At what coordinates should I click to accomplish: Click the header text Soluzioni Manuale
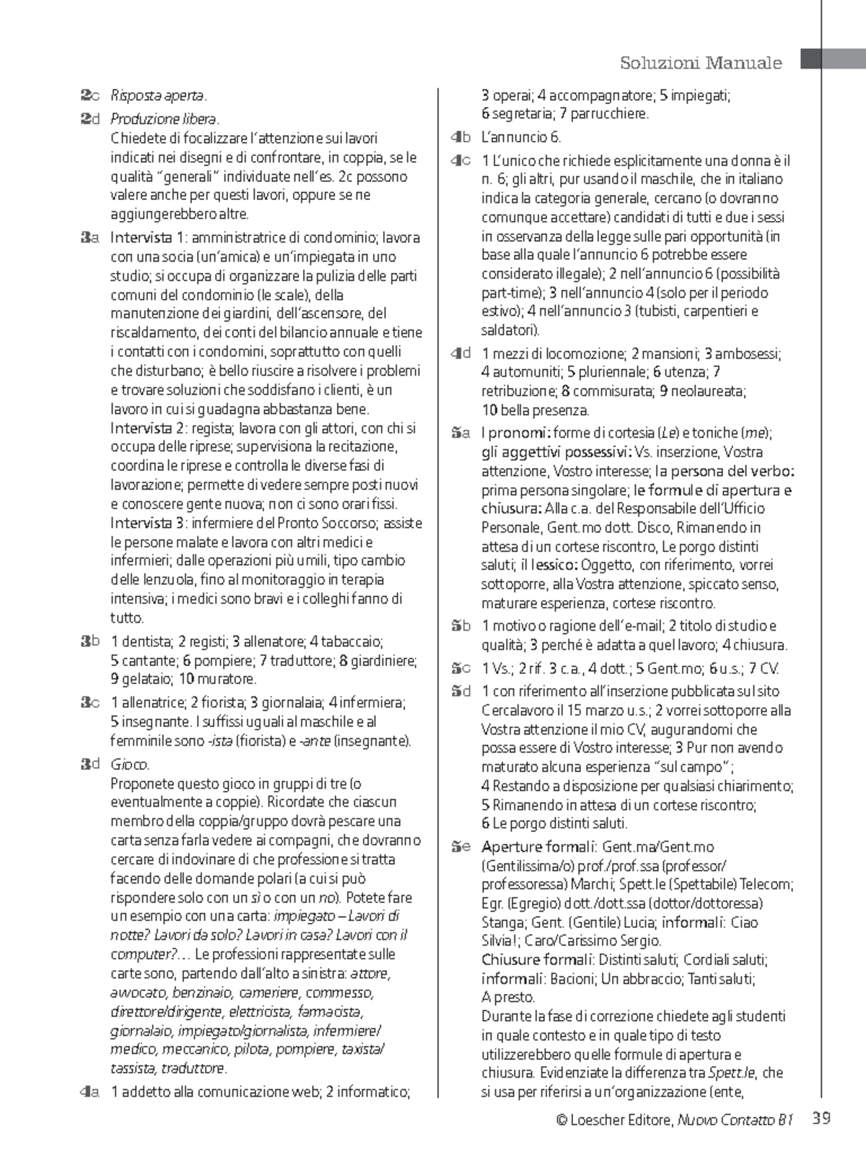[x=701, y=63]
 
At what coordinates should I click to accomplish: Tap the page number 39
[x=821, y=1120]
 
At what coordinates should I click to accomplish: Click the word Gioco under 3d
[x=130, y=764]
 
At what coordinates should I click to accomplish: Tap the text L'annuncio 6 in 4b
[x=520, y=137]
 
